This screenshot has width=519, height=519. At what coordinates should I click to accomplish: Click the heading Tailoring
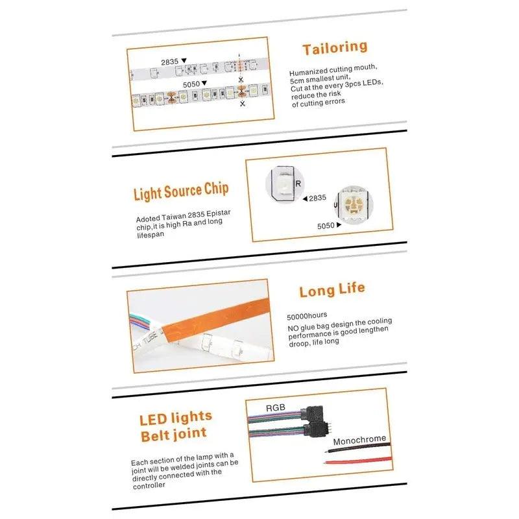[334, 48]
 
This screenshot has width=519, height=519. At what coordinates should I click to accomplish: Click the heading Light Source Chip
[181, 193]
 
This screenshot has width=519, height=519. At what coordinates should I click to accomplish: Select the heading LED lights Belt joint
[175, 426]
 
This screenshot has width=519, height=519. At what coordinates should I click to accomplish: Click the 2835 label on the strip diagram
[170, 62]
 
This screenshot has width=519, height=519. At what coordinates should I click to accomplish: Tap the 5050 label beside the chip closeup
[326, 226]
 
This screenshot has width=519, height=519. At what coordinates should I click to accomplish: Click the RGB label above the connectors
[275, 408]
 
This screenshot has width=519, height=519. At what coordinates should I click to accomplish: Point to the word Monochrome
[359, 439]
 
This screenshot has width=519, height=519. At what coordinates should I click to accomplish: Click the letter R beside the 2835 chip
[298, 184]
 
